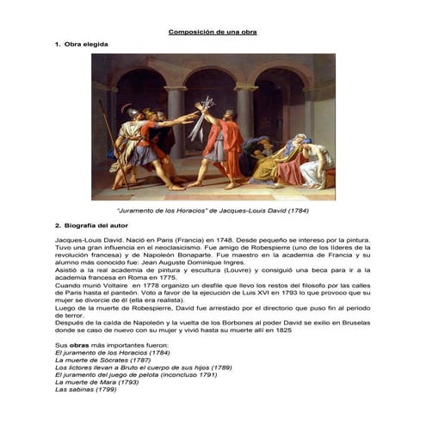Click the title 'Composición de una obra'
tap(212, 32)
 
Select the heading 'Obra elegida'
tap(86, 43)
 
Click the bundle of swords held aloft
tap(199, 120)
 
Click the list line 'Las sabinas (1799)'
tap(84, 389)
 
